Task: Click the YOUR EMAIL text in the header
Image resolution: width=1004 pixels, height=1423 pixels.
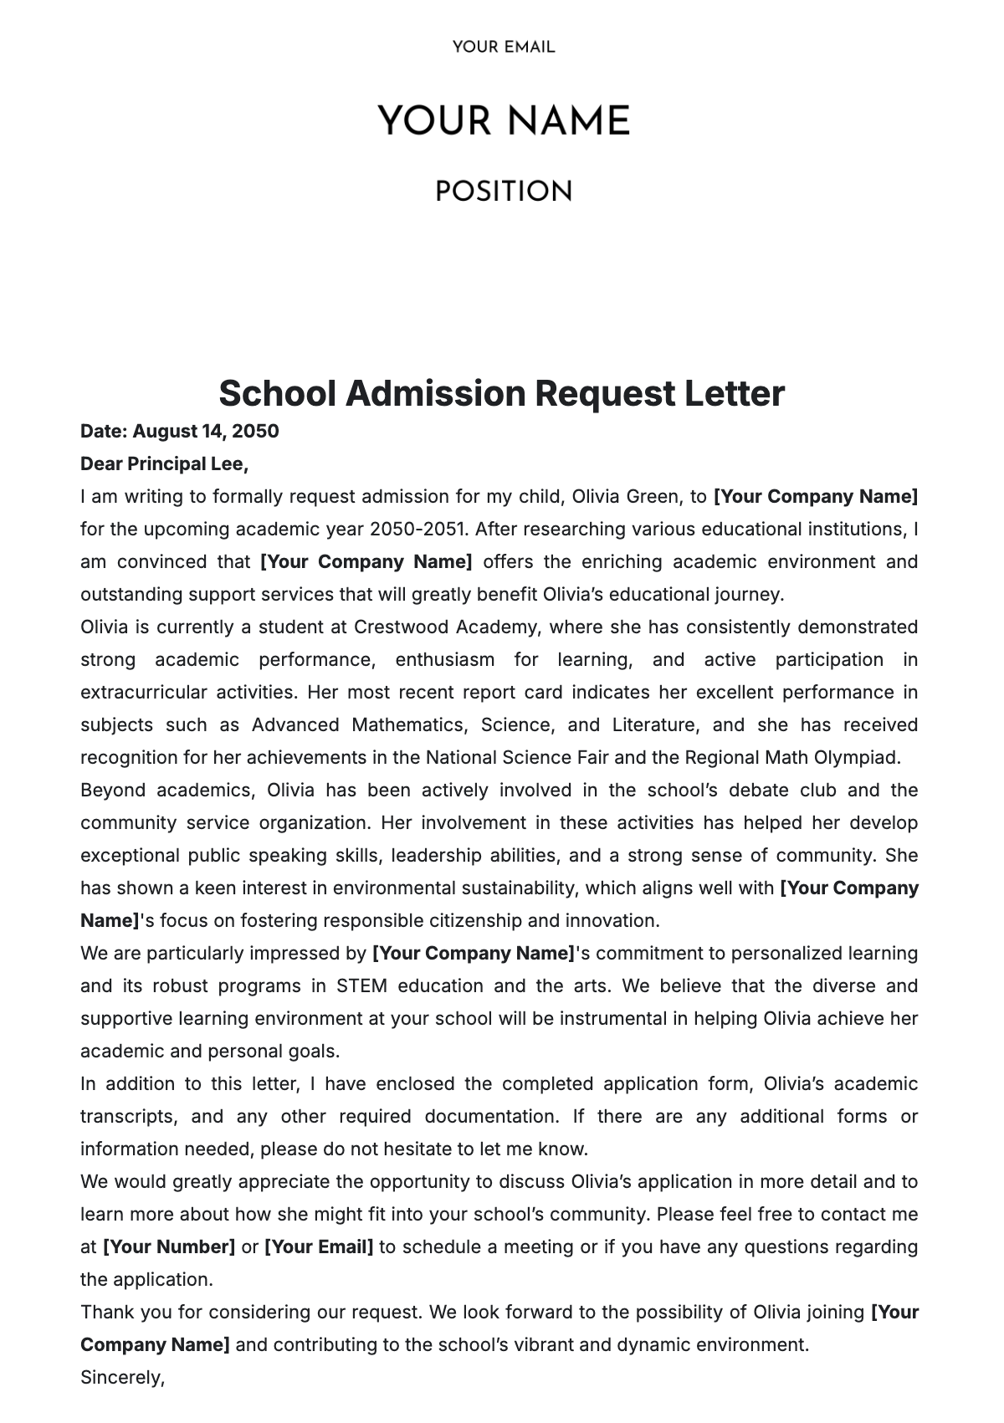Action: coord(503,48)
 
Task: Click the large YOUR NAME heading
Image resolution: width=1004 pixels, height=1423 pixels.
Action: coord(503,122)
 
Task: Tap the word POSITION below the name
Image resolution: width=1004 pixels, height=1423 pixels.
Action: coord(503,192)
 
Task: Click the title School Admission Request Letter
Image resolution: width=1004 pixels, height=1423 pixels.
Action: coord(501,393)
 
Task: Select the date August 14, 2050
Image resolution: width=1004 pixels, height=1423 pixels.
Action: coord(205,432)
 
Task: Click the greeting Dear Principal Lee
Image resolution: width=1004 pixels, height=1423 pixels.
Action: coord(164,464)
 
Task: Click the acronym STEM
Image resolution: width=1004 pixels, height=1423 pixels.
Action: coord(361,986)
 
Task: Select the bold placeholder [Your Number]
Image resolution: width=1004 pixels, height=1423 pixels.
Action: coord(168,1247)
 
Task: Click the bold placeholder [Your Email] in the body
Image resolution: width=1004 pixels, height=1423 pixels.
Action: coord(319,1247)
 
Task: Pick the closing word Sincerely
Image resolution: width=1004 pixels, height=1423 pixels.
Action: coord(122,1377)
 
